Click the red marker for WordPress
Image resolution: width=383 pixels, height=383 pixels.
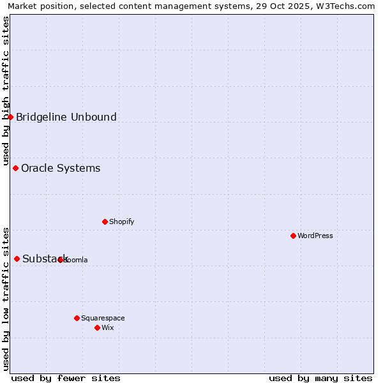[x=293, y=236]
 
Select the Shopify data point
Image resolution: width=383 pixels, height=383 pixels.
[x=105, y=222]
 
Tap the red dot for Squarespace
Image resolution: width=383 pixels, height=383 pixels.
[x=77, y=318]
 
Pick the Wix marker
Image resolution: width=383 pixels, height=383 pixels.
[x=97, y=327]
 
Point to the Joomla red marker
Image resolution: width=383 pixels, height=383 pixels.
[x=60, y=260]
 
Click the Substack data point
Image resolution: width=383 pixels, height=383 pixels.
[x=17, y=259]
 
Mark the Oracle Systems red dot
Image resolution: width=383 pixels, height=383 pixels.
[x=15, y=168]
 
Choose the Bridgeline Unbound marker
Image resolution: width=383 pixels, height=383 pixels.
[x=10, y=117]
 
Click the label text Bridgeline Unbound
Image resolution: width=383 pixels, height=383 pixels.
[x=66, y=117]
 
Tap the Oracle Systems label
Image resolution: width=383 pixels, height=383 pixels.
[x=61, y=169]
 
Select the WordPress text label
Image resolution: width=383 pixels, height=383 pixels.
[x=315, y=236]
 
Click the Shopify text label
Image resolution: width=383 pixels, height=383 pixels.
[x=121, y=222]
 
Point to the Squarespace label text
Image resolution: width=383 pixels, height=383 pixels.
[x=103, y=318]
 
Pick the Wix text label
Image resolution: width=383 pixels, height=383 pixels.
[x=108, y=327]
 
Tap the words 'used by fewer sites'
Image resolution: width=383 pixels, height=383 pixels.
[x=66, y=378]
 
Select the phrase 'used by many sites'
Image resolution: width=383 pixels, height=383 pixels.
[x=320, y=378]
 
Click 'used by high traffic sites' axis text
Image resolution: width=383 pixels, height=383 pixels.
[x=6, y=91]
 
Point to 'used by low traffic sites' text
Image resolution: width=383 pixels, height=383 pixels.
[x=6, y=299]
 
